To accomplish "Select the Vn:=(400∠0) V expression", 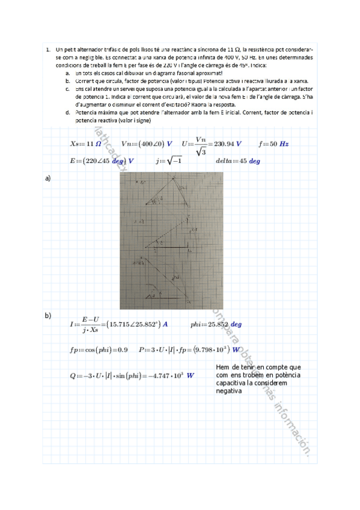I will pos(147,144).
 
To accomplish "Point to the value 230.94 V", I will pos(228,144).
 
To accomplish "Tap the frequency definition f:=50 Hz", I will pos(273,144).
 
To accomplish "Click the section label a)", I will pos(48,179).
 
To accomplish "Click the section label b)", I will pos(48,315).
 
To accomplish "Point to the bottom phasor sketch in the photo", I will pos(165,280).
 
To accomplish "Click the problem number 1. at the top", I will pos(47,49).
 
